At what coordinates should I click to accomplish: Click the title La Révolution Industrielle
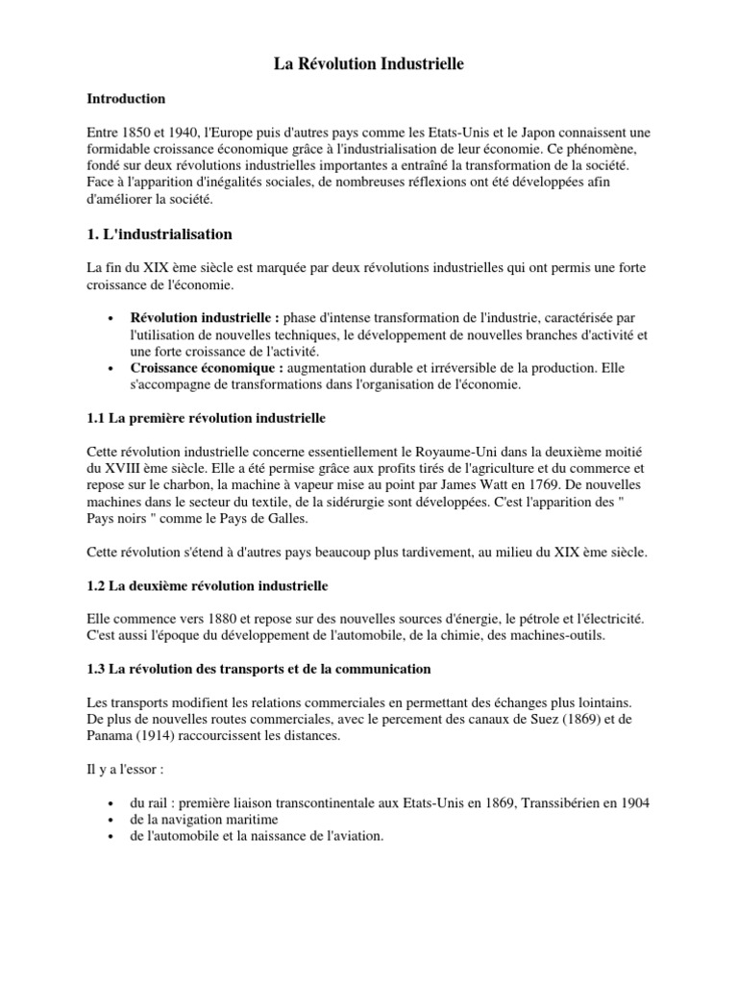click(x=369, y=65)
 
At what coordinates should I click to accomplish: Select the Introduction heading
click(x=126, y=99)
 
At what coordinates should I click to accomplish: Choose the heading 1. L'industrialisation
click(x=160, y=234)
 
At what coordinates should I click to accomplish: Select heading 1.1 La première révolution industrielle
click(x=207, y=419)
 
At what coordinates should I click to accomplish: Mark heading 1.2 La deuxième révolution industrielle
click(x=208, y=585)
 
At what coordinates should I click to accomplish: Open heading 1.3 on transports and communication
click(x=259, y=669)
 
